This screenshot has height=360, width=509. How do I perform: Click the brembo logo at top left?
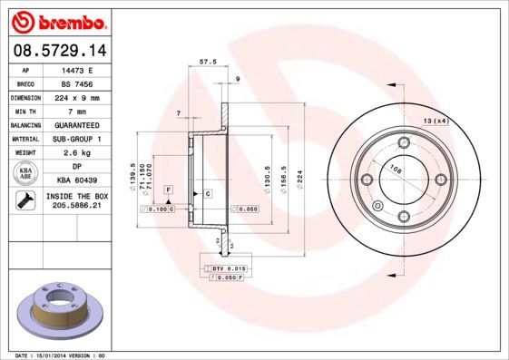(57, 20)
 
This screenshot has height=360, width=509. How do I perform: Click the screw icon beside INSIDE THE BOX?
(24, 200)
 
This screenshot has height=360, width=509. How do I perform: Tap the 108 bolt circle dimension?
(395, 169)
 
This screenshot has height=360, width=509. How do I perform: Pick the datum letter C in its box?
(207, 194)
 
